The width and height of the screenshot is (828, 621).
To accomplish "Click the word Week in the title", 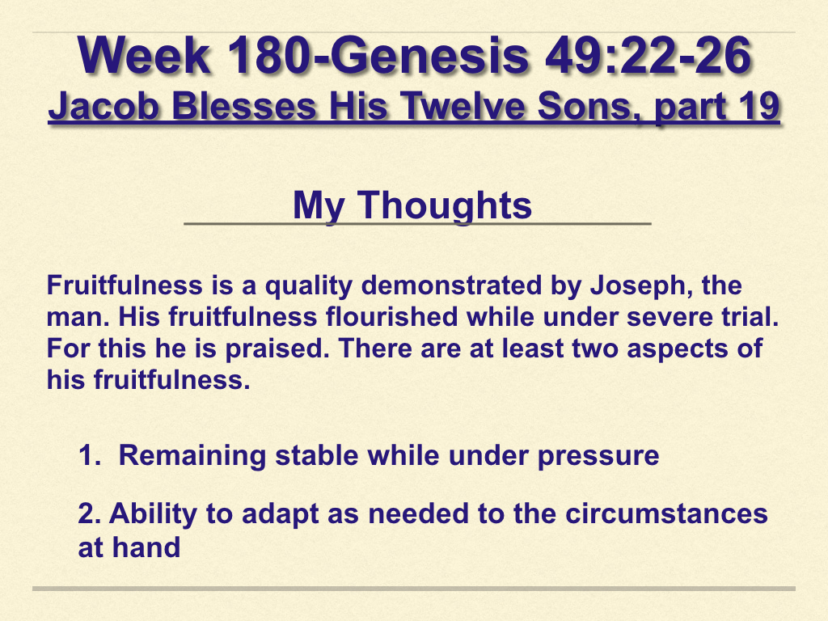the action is click(144, 56).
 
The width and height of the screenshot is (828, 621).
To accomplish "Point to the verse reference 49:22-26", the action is click(648, 56).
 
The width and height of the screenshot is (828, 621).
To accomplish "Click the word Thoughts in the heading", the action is click(445, 206).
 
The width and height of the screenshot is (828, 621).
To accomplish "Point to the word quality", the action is click(308, 286).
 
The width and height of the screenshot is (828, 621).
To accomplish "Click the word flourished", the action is click(391, 317).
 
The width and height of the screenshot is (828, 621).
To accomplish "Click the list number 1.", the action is click(89, 455).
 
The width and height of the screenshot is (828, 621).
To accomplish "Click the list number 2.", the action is click(89, 513).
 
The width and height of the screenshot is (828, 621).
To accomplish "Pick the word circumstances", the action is click(666, 513).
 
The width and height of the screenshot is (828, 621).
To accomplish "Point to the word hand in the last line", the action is click(146, 547).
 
